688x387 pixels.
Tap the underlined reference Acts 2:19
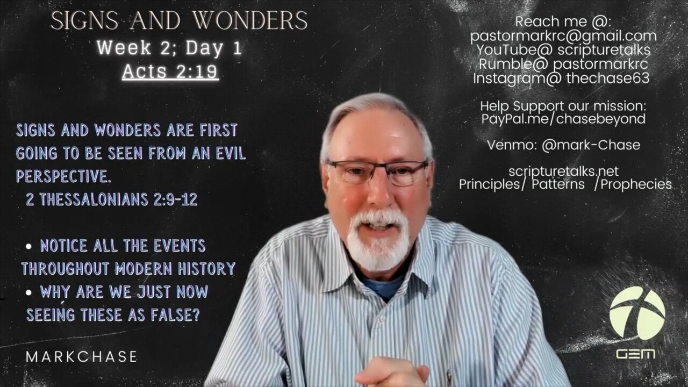click(170, 71)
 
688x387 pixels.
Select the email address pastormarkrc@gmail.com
click(563, 36)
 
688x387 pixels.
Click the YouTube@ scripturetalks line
click(563, 50)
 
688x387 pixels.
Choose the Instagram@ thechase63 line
click(561, 78)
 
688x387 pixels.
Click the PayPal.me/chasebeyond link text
click(563, 119)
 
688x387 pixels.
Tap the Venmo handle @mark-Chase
click(591, 145)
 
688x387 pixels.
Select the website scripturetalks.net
click(563, 171)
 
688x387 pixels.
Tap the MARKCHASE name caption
click(82, 356)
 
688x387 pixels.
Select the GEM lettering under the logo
click(635, 354)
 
